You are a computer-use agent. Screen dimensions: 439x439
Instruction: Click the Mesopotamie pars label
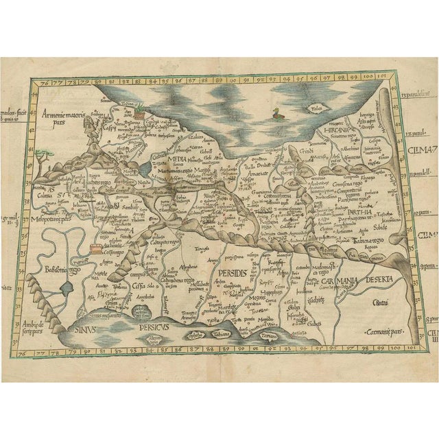pos(54,220)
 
